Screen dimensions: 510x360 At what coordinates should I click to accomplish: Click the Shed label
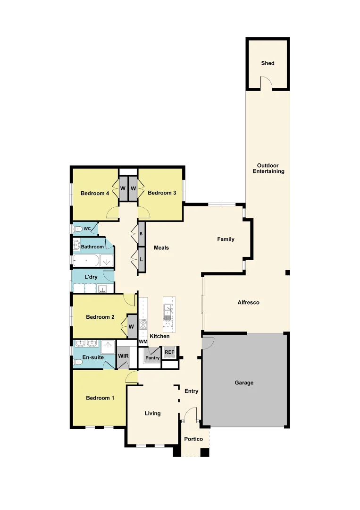click(268, 63)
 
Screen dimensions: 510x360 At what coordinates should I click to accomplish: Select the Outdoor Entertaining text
click(268, 169)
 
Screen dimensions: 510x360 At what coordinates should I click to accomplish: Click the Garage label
click(244, 383)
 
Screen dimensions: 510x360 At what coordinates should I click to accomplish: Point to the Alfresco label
click(248, 302)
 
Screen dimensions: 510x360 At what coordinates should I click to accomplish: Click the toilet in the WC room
click(77, 229)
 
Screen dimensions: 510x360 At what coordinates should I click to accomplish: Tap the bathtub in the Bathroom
click(86, 260)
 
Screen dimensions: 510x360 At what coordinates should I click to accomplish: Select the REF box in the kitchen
click(169, 352)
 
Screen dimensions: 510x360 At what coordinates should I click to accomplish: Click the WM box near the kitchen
click(143, 342)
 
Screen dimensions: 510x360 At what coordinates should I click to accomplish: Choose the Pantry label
click(153, 358)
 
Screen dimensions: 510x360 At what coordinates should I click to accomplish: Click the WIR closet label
click(123, 356)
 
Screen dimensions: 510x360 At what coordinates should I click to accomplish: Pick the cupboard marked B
click(141, 234)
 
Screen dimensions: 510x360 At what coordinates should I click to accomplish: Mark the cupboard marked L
click(141, 259)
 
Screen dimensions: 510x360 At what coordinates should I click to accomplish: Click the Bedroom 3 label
click(162, 193)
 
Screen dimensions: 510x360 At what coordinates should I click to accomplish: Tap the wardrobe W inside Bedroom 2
click(131, 326)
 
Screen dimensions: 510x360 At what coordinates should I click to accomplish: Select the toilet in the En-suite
click(78, 362)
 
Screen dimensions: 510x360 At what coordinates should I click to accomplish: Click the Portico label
click(193, 439)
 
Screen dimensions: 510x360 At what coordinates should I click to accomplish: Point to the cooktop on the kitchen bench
click(143, 324)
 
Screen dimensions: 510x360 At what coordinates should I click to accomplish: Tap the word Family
click(226, 239)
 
